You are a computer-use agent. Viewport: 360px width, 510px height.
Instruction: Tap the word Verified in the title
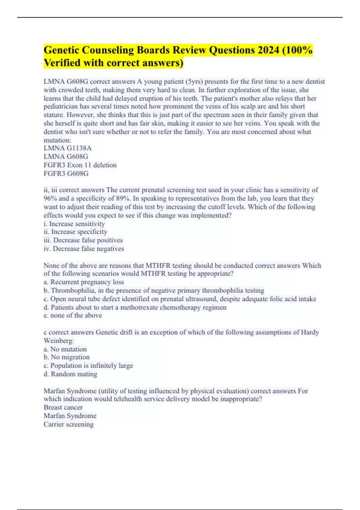point(62,63)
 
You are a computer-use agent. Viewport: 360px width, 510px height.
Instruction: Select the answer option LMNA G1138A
point(67,148)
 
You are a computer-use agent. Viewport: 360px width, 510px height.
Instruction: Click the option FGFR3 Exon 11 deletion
point(80,165)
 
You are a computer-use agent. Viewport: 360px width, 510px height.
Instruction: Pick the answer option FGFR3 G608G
point(66,173)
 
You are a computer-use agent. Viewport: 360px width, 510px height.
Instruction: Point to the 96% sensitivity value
point(50,199)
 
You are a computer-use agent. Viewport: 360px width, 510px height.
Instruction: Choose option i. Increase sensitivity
point(74,224)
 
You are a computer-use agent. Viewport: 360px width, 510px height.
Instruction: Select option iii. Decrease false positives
point(83,240)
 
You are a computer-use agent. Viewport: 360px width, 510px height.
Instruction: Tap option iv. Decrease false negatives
point(84,249)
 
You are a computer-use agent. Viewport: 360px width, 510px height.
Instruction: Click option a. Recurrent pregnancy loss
point(84,282)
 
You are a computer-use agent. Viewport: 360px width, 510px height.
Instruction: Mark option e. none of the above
point(73,315)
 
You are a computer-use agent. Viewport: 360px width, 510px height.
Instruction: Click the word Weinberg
point(58,341)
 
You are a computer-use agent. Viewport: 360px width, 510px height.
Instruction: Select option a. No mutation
point(65,349)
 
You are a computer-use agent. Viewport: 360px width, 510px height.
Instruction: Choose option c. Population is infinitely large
point(88,366)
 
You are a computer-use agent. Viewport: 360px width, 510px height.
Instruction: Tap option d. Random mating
point(70,374)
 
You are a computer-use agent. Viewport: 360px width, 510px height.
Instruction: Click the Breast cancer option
point(63,407)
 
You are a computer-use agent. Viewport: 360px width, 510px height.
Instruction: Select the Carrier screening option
point(68,424)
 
